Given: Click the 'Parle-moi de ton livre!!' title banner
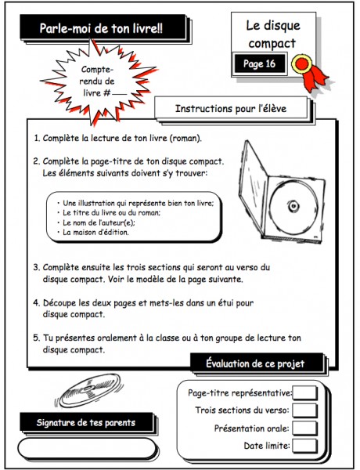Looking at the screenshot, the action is (x=103, y=27).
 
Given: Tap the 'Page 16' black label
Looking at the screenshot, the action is (x=259, y=63).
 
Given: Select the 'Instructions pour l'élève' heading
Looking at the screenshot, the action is (x=231, y=109).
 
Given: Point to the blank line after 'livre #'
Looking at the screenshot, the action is (x=120, y=96).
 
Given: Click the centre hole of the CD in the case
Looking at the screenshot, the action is (x=293, y=206).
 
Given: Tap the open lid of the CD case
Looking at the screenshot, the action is (x=253, y=186).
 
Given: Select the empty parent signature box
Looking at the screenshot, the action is (x=87, y=449).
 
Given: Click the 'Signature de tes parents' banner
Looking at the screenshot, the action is (x=86, y=423).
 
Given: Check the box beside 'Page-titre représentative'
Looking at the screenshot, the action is (x=304, y=393).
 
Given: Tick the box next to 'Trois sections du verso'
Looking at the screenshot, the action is (x=304, y=410).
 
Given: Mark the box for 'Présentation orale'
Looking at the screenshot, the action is (x=304, y=428).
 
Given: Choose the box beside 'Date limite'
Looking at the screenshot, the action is (x=304, y=446).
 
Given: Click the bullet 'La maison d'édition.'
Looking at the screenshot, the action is (x=95, y=233).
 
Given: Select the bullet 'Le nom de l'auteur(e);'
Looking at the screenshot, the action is (x=99, y=222).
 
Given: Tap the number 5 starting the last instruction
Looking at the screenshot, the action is (x=36, y=338).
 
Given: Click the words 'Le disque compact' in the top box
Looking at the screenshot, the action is (x=273, y=34).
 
